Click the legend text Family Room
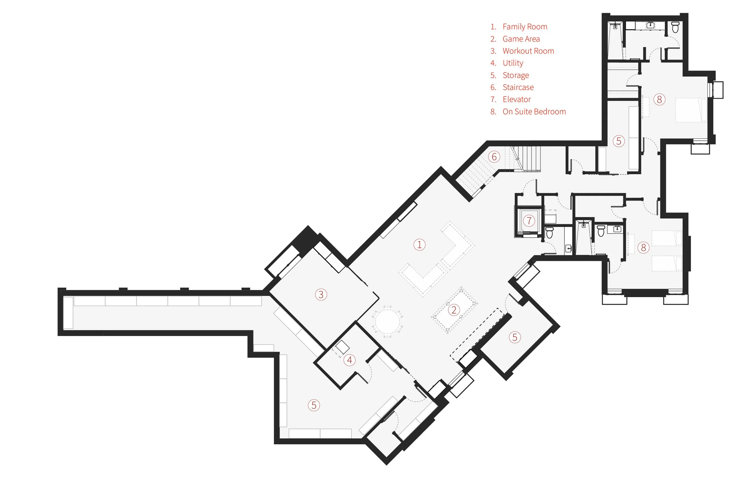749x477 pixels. click(525, 27)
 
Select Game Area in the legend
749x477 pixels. click(521, 39)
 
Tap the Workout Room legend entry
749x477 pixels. click(528, 51)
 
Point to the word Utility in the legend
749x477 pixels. click(513, 63)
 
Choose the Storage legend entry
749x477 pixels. click(516, 75)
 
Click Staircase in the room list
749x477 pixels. click(518, 88)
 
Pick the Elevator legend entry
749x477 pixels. click(517, 100)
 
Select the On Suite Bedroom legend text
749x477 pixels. click(534, 112)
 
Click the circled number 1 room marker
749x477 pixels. click(419, 245)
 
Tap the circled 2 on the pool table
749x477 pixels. click(454, 310)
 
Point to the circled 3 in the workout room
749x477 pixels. click(321, 294)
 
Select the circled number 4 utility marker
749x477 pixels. click(349, 360)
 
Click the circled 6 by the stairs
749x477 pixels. click(494, 157)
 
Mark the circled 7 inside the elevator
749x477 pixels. click(529, 221)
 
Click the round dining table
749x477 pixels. click(387, 321)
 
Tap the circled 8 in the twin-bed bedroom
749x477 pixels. click(643, 248)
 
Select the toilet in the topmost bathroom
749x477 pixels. click(675, 27)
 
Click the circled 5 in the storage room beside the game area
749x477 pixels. click(515, 337)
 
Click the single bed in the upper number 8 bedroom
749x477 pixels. click(691, 110)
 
